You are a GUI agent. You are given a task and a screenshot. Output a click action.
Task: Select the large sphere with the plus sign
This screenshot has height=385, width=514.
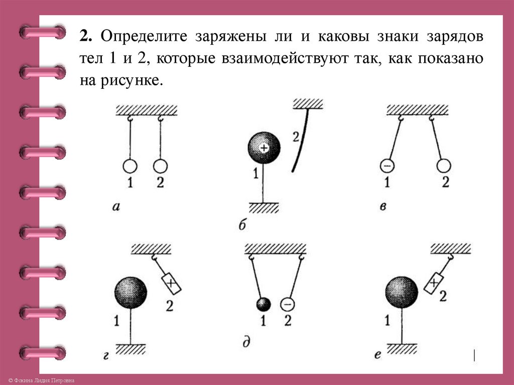(x=264, y=147)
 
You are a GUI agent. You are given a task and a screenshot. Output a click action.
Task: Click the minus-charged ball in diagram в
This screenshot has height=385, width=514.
(x=386, y=165)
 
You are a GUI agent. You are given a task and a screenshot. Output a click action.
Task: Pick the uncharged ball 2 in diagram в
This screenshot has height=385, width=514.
(x=444, y=165)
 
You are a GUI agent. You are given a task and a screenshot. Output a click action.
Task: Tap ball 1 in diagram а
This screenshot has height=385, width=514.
(x=130, y=166)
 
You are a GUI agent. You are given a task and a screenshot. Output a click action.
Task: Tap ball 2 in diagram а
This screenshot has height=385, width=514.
(x=160, y=166)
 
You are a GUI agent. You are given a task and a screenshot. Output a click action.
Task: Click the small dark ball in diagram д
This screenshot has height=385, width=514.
(x=264, y=304)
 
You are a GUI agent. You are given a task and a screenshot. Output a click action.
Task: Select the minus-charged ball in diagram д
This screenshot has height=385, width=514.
(x=287, y=304)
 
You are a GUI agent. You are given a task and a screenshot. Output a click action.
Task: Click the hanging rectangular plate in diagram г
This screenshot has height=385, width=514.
(x=171, y=284)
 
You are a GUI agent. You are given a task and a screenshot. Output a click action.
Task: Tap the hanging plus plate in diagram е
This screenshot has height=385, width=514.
(x=435, y=283)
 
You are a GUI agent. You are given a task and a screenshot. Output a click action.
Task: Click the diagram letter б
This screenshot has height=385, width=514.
(x=242, y=225)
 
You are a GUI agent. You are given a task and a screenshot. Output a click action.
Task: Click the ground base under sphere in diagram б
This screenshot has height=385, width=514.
(x=264, y=207)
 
